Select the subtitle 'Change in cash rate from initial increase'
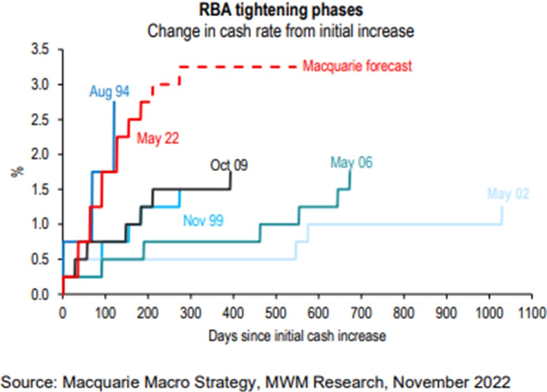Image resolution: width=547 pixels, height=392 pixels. pyautogui.click(x=281, y=30)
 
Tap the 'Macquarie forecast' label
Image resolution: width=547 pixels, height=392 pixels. pyautogui.click(x=358, y=67)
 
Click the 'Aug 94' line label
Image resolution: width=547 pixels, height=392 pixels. pyautogui.click(x=109, y=92)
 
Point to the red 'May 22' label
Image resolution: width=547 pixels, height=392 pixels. pyautogui.click(x=158, y=139)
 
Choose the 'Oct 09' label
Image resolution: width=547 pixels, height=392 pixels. pyautogui.click(x=229, y=166)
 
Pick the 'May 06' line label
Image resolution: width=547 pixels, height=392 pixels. pyautogui.click(x=352, y=163)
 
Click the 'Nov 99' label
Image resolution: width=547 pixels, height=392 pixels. pyautogui.click(x=203, y=220)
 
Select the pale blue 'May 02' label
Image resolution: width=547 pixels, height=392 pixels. pyautogui.click(x=508, y=194)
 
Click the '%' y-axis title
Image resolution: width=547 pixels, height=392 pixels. pyautogui.click(x=16, y=171)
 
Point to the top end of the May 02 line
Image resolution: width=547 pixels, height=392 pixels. pyautogui.click(x=502, y=207)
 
